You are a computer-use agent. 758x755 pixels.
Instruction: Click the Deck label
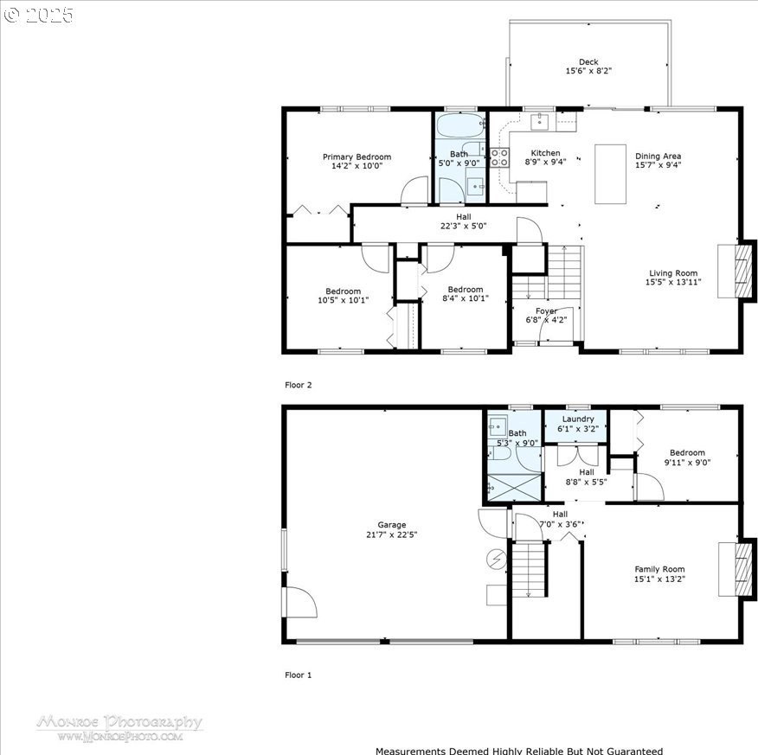point(588,61)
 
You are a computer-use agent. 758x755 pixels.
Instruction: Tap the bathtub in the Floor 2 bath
point(460,125)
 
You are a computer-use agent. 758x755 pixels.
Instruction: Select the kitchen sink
point(539,122)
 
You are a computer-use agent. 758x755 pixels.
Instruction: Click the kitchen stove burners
point(499,157)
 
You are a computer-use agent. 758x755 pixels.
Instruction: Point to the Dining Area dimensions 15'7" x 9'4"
point(658,165)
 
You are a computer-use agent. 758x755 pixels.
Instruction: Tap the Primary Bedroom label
point(357,157)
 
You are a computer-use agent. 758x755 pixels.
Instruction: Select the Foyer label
point(546,311)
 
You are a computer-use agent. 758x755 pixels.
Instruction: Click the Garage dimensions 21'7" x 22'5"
point(392,534)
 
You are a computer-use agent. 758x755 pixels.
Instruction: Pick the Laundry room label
point(578,419)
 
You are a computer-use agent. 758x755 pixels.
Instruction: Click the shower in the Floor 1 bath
point(514,488)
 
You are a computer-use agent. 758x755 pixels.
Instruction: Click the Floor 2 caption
point(299,385)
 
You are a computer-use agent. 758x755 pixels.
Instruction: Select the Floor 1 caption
point(299,675)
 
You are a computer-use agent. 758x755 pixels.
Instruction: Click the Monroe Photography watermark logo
point(119,728)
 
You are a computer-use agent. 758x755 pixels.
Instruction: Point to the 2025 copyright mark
point(39,15)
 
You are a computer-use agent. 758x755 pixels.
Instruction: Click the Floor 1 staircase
point(529,570)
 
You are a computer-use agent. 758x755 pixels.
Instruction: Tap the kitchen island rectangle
point(610,174)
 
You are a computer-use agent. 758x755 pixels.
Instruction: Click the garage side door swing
point(299,602)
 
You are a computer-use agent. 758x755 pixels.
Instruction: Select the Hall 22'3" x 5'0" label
point(463,221)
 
